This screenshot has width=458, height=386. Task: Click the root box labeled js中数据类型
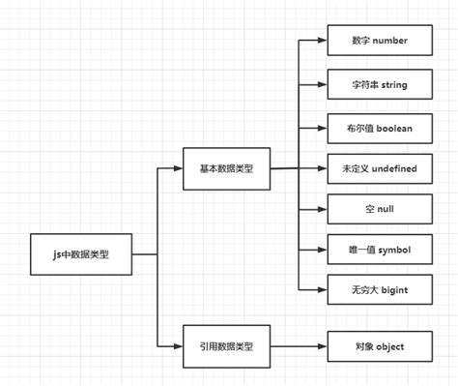80,254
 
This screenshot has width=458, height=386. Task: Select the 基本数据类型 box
226,168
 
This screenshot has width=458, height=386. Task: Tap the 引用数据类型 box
226,344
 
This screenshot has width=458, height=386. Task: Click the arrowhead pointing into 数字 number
322,42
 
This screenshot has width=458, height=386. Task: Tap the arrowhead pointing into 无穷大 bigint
322,290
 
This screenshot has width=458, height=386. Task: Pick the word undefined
390,168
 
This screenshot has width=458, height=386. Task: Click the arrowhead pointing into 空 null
322,209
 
